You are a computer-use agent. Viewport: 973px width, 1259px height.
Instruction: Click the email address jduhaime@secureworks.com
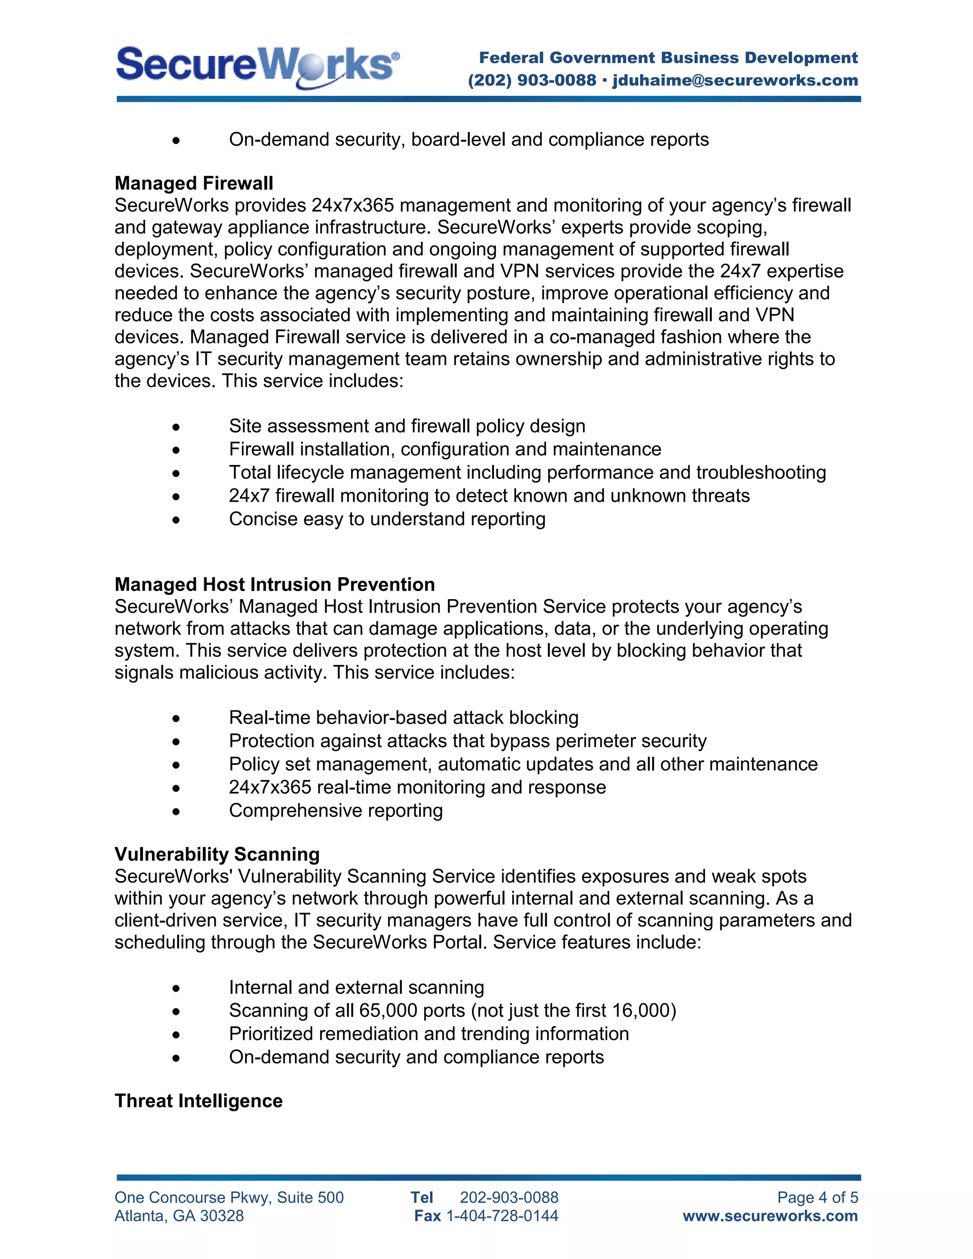coord(735,80)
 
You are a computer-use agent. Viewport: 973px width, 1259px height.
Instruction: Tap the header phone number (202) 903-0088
coord(532,80)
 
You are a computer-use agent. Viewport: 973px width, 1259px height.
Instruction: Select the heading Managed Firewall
coord(194,183)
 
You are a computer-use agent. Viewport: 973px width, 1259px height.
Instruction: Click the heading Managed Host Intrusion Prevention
coord(275,584)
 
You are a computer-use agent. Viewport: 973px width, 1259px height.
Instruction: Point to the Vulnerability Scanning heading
coord(217,854)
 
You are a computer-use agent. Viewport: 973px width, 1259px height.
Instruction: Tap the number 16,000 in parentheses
coord(641,1011)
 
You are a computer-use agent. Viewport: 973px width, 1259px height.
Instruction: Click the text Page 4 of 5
coord(817,1198)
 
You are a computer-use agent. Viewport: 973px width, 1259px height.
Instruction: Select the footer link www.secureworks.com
coord(770,1216)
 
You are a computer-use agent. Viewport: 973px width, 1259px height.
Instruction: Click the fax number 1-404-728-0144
coord(502,1216)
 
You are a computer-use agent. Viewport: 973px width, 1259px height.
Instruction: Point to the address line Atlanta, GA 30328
coord(179,1216)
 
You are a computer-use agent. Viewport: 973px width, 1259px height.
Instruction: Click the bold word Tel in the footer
coord(421,1198)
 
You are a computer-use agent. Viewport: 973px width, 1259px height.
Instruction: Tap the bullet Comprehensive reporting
coord(335,811)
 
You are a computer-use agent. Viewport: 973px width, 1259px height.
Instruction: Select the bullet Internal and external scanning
coord(356,988)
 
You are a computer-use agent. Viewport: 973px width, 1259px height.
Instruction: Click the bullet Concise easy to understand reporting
coord(387,519)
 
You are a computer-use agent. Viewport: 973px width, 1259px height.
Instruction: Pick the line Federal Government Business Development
coord(668,57)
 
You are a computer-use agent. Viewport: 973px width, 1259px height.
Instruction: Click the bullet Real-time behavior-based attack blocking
coord(403,718)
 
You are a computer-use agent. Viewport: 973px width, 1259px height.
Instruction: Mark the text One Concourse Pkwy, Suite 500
coord(229,1198)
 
